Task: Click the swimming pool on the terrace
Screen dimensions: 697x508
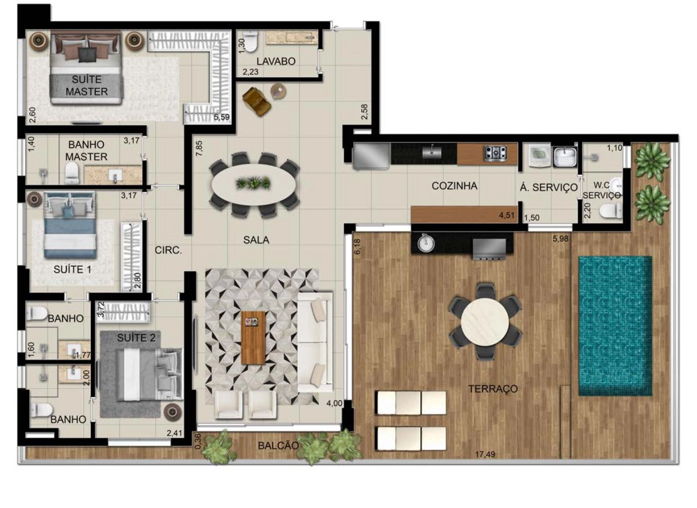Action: pyautogui.click(x=615, y=326)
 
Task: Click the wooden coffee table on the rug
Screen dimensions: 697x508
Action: pyautogui.click(x=253, y=338)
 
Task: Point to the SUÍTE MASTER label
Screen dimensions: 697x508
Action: pyautogui.click(x=87, y=85)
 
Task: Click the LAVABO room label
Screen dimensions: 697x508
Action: pyautogui.click(x=276, y=62)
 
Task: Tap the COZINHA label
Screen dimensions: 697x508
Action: pyautogui.click(x=454, y=186)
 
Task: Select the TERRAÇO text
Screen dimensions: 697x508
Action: pyautogui.click(x=493, y=389)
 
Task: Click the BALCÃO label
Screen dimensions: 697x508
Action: pyautogui.click(x=278, y=446)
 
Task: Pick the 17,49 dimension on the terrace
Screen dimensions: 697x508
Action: pyautogui.click(x=485, y=455)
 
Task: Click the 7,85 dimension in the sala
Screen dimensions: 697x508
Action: pyautogui.click(x=199, y=149)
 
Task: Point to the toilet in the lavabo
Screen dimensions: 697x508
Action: pyautogui.click(x=250, y=41)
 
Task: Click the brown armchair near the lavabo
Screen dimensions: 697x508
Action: pyautogui.click(x=256, y=101)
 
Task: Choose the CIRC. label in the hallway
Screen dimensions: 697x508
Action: pyautogui.click(x=168, y=250)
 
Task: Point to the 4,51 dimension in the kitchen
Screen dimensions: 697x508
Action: pyautogui.click(x=507, y=215)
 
